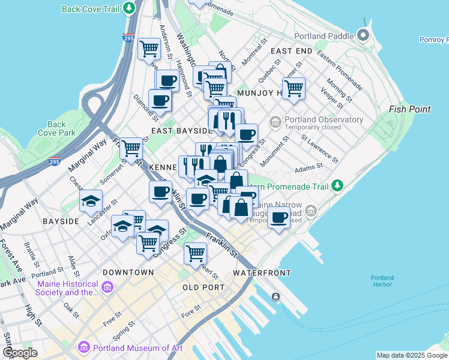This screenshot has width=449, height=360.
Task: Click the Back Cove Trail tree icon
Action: pyautogui.click(x=128, y=9)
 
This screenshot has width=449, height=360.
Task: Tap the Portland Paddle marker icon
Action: pyautogui.click(x=363, y=34)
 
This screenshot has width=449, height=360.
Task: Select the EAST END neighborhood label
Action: pyautogui.click(x=291, y=52)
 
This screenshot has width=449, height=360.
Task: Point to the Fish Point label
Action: pyautogui.click(x=409, y=109)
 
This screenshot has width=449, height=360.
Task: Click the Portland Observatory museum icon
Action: pyautogui.click(x=275, y=122)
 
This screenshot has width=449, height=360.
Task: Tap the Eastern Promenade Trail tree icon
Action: pyautogui.click(x=337, y=186)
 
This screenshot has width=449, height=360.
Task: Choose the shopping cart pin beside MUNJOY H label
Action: pyautogui.click(x=294, y=88)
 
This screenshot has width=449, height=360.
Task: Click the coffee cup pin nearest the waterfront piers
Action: pyautogui.click(x=279, y=218)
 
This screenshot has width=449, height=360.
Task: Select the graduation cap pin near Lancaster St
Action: pyautogui.click(x=91, y=201)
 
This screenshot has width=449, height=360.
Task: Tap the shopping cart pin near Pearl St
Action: pyautogui.click(x=195, y=254)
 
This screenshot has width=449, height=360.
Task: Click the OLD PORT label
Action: pyautogui.click(x=203, y=288)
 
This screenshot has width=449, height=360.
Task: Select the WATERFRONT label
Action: pyautogui.click(x=262, y=273)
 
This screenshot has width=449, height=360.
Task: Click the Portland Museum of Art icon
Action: pyautogui.click(x=83, y=348)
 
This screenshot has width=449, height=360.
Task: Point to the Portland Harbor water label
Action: pyautogui.click(x=382, y=281)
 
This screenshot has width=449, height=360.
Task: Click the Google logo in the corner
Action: pyautogui.click(x=20, y=353)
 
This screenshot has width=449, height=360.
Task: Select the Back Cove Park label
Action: pyautogui.click(x=56, y=128)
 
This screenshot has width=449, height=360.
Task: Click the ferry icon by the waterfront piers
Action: pyautogui.click(x=276, y=296)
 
